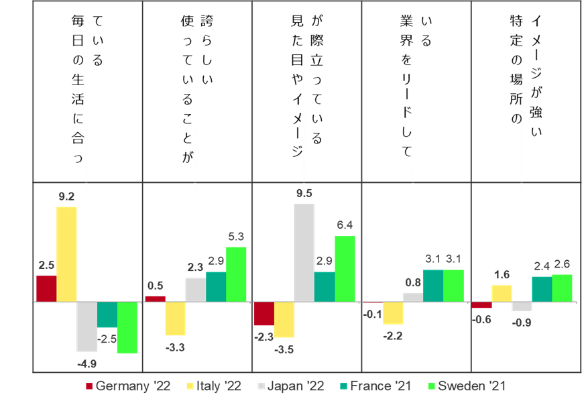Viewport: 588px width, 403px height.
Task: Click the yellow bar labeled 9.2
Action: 66,254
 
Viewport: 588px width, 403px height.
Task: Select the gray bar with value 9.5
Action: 304,253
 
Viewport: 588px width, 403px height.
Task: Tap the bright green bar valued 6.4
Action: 345,269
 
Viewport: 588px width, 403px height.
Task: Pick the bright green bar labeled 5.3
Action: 236,274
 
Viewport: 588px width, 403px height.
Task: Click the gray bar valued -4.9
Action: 86,327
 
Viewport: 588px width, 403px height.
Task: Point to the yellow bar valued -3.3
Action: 175,319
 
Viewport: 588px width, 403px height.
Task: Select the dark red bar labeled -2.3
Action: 264,313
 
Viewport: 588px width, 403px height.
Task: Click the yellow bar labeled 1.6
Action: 502,294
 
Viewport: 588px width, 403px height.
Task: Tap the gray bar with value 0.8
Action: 413,298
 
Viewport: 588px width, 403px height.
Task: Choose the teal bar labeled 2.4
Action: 542,290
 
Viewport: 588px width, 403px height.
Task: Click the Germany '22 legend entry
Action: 128,386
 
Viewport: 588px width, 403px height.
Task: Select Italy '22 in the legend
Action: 214,386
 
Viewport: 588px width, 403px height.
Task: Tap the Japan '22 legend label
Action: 291,386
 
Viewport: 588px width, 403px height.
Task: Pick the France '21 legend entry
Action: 375,386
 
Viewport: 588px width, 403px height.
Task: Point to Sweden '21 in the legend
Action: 467,386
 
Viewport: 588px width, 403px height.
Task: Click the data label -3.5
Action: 284,350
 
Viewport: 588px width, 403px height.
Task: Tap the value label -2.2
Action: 393,336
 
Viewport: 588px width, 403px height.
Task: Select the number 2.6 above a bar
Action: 562,264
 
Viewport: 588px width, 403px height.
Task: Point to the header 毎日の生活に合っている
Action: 87,89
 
